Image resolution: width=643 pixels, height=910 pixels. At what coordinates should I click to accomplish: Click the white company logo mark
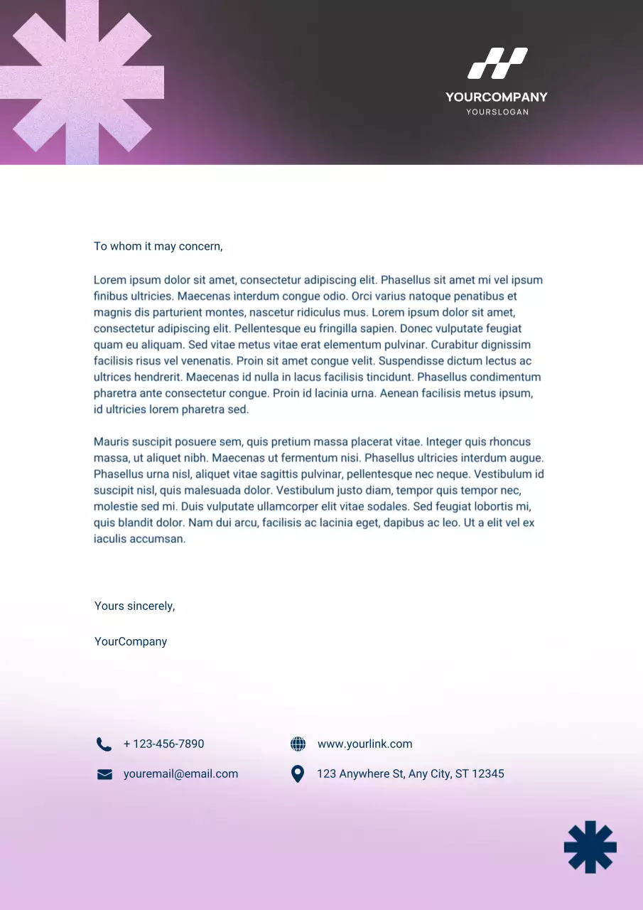(x=497, y=63)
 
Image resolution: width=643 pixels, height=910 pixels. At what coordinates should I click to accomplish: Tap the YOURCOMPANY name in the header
(x=497, y=97)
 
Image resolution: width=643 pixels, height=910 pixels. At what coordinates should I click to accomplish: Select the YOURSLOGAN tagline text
(x=497, y=112)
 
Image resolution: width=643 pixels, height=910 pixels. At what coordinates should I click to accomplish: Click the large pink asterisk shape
(x=82, y=82)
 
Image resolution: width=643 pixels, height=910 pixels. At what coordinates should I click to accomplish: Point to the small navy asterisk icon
(x=590, y=847)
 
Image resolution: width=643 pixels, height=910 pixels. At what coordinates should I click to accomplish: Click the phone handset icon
(x=104, y=744)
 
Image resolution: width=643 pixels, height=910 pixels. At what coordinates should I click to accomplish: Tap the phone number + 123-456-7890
(x=163, y=744)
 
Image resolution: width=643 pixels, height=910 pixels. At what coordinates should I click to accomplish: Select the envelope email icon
(x=104, y=774)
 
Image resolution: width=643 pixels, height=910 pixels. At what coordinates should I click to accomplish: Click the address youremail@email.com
(x=180, y=774)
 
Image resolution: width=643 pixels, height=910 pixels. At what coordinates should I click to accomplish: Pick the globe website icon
(x=298, y=744)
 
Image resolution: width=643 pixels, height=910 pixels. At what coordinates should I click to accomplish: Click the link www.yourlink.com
(x=364, y=744)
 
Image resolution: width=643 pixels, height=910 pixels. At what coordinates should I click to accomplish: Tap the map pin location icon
(x=298, y=774)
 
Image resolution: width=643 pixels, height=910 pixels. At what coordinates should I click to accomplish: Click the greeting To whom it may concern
(x=158, y=247)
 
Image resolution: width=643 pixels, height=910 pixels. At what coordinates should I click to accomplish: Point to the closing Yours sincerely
(x=134, y=606)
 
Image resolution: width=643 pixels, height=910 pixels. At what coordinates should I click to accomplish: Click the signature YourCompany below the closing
(x=131, y=642)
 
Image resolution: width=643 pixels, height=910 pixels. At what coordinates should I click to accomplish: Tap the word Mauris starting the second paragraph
(x=111, y=442)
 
